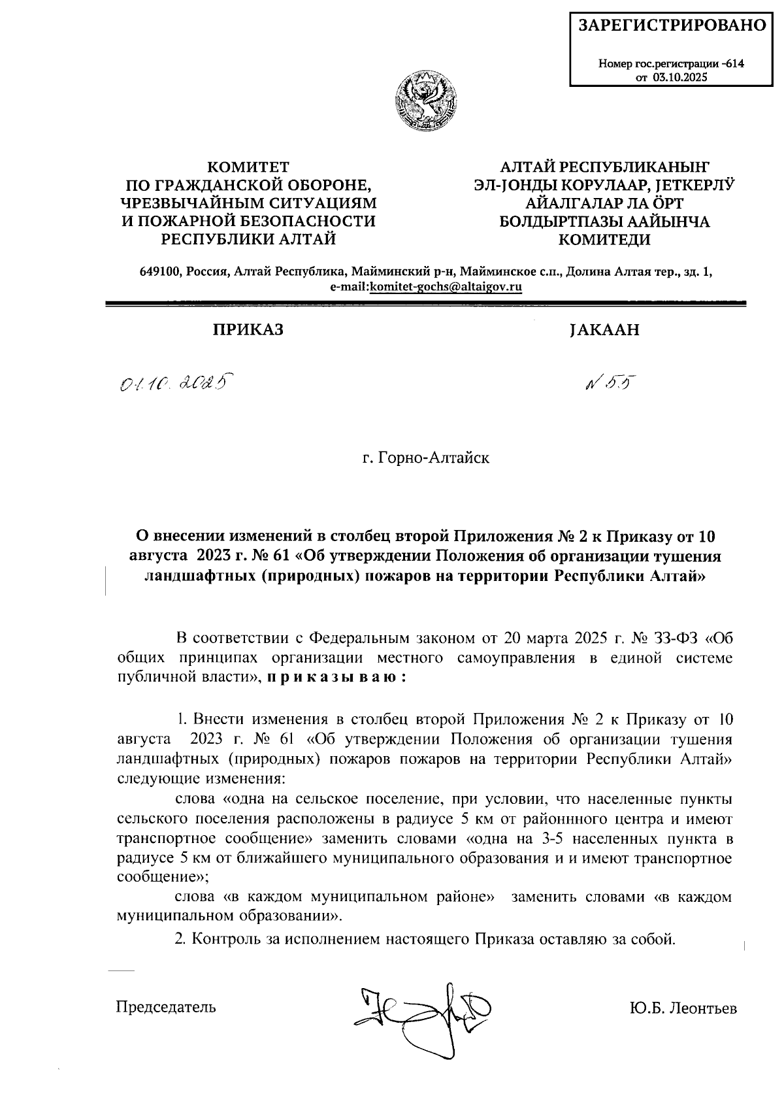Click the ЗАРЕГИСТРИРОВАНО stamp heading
coord(672,25)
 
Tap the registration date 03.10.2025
coord(681,77)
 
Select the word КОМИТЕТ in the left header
coord(248,168)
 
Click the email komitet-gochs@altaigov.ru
coord(446,287)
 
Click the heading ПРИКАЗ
coord(246,330)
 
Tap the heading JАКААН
coord(604,330)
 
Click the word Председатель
coord(165,1007)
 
